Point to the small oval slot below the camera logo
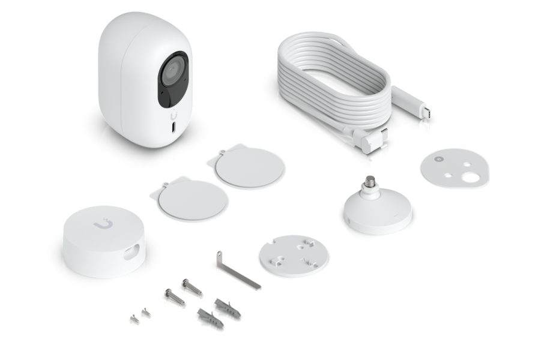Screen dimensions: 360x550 point(174,128)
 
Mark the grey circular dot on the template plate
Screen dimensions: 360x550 point(437,159)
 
